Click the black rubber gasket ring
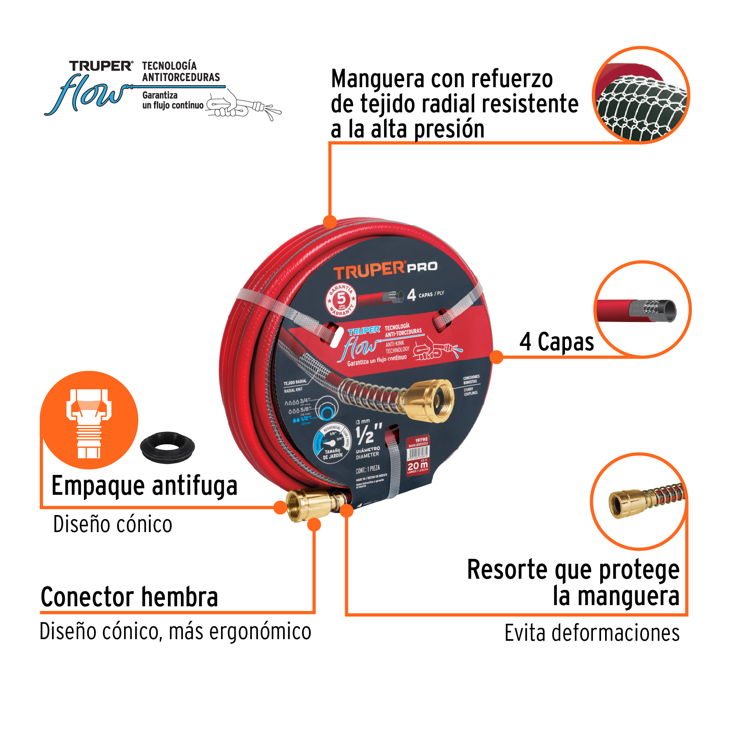click(x=167, y=447)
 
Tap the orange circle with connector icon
click(x=89, y=420)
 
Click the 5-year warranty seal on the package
click(x=341, y=300)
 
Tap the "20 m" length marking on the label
click(x=417, y=466)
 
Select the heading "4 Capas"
click(x=556, y=342)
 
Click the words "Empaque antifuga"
click(x=144, y=486)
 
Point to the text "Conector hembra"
click(x=129, y=597)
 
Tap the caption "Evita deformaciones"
click(x=592, y=633)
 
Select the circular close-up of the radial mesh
click(x=641, y=95)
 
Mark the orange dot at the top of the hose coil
click(x=330, y=221)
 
